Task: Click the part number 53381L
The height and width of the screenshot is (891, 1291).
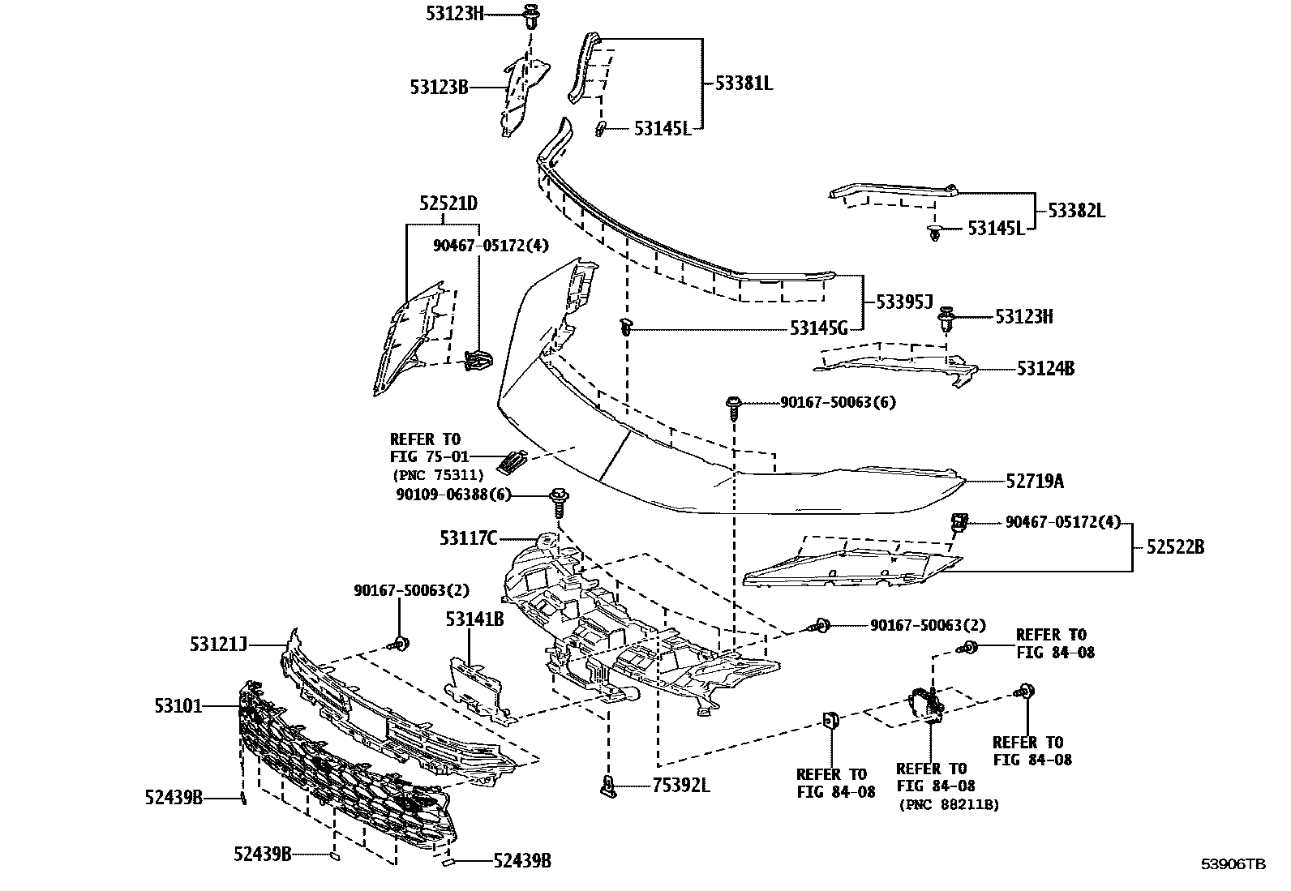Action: (744, 83)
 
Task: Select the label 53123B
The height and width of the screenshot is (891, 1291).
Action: (439, 87)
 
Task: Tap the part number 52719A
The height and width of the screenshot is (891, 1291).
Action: (1035, 482)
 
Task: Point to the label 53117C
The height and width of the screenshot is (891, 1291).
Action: (468, 538)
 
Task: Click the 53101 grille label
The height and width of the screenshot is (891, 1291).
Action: (178, 706)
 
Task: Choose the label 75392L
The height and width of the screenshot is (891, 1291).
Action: (681, 786)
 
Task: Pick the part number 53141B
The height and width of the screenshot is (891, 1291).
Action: (474, 620)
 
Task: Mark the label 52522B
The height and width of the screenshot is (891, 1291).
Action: (1175, 547)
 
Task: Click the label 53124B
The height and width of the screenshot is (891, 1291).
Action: (1046, 369)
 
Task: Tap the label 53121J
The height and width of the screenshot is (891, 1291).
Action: (218, 645)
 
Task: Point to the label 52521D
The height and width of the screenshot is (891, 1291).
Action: (448, 203)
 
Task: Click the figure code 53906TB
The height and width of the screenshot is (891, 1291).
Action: (1233, 864)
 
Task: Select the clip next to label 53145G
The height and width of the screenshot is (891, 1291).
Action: (626, 328)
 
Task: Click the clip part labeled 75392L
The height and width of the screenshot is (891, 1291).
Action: (608, 785)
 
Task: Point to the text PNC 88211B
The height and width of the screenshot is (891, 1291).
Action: (948, 804)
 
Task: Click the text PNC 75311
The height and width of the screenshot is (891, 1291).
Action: (438, 475)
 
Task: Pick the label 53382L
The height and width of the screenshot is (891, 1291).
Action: (1076, 211)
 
